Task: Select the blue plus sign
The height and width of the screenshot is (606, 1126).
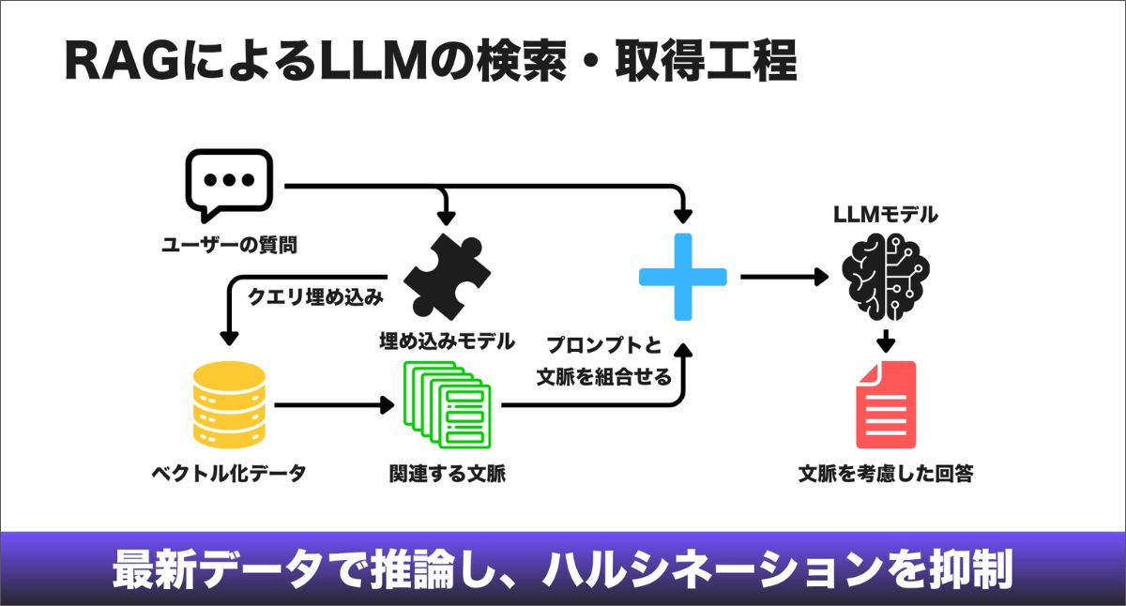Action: (682, 277)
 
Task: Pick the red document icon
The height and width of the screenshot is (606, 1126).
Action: (885, 404)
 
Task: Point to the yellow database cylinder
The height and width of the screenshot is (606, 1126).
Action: (228, 404)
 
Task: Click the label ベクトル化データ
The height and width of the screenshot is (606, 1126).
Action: (229, 473)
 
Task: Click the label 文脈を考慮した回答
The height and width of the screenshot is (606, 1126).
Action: (885, 473)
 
